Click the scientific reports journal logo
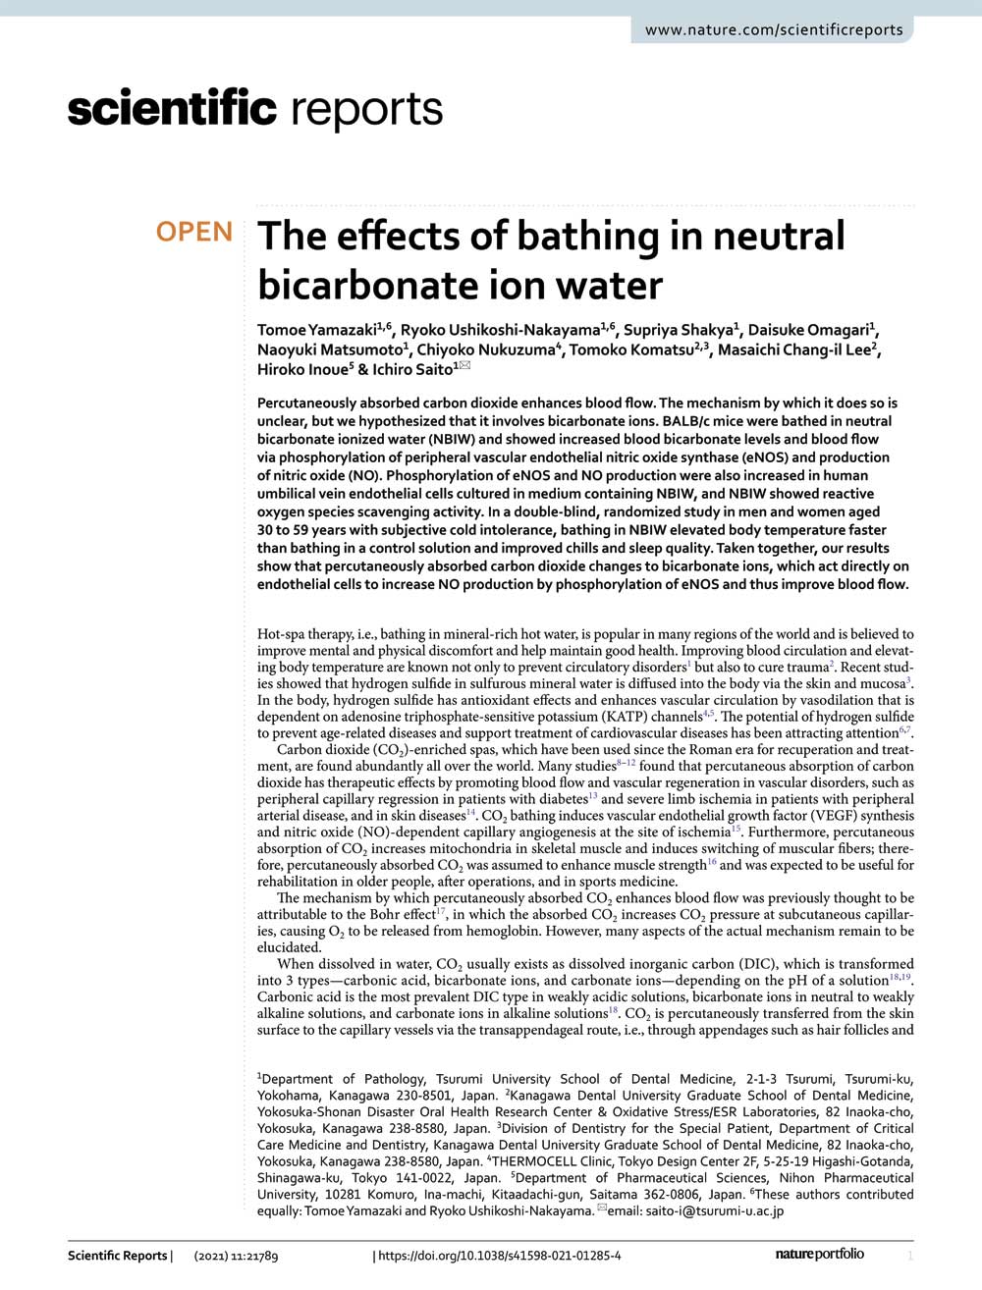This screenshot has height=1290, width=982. tap(255, 108)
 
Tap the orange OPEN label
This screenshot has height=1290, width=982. tap(194, 232)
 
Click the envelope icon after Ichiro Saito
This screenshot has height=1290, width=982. tap(465, 367)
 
